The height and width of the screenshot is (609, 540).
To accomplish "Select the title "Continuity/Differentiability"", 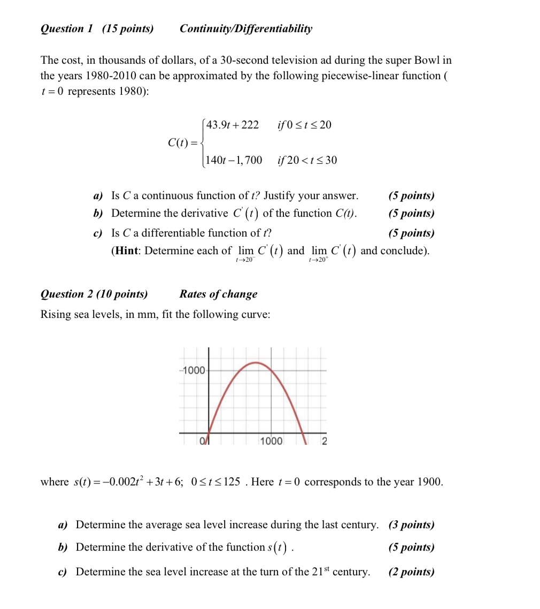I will coord(246,29).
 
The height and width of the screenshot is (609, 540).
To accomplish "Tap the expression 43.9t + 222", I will coord(232,125).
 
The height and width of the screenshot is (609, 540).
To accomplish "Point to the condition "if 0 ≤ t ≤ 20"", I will coord(304,125).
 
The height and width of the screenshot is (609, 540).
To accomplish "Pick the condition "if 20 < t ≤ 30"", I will coord(307,160).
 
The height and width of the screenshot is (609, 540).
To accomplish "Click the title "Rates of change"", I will coord(218,294).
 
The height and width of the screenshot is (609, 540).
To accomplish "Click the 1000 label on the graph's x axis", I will coord(271,441).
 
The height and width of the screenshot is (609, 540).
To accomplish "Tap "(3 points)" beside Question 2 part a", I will coord(411,524).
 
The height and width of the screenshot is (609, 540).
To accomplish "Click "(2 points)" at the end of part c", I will coord(411,572).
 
